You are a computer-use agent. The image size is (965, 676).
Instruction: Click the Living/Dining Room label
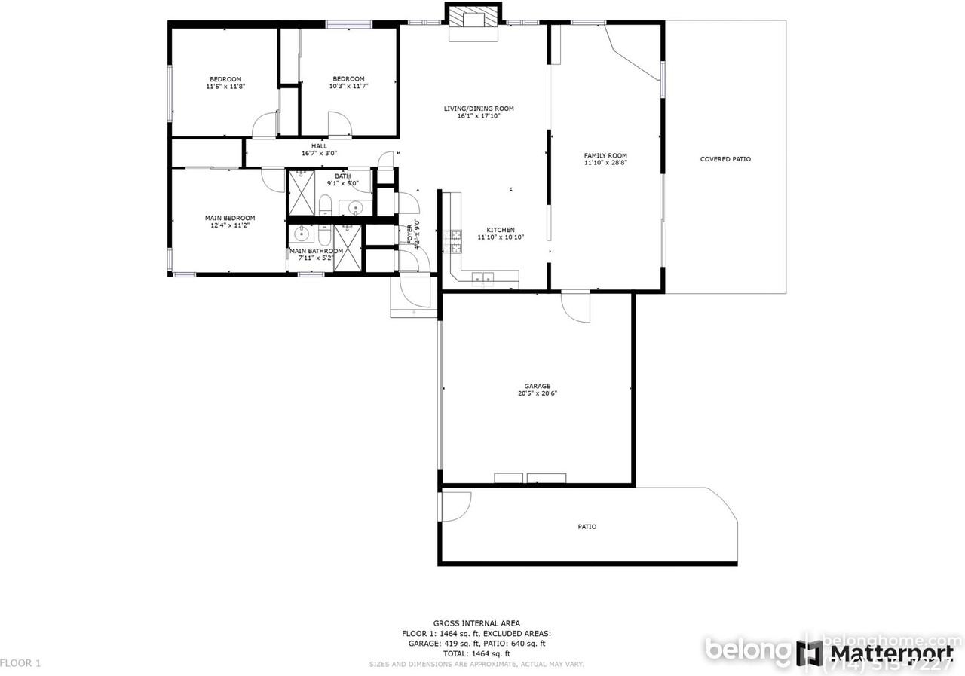479,109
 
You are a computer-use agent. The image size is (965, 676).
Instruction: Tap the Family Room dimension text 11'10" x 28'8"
605,164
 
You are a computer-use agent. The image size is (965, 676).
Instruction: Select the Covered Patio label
725,159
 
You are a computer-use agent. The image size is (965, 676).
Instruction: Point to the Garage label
538,386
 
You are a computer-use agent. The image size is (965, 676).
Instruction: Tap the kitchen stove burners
455,240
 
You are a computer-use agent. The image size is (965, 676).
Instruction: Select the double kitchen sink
482,279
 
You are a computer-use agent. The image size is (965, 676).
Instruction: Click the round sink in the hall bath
355,208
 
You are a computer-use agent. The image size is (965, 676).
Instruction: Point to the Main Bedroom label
230,218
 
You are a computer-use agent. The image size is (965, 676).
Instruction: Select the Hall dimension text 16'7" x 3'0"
319,153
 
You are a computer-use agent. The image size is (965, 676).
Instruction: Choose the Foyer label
410,232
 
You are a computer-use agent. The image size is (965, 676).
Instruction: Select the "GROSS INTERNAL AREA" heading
476,623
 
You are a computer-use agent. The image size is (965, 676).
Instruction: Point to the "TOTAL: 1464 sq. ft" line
476,654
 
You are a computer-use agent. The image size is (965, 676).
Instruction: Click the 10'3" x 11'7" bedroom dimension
349,86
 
